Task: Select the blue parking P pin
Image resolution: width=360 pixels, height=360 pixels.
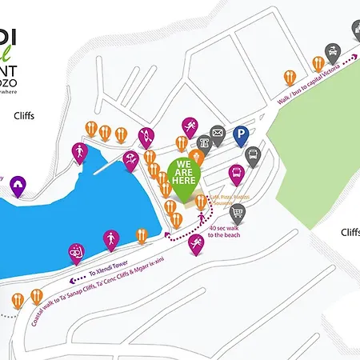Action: tap(241, 135)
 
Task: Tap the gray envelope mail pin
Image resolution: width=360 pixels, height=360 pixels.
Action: tap(218, 134)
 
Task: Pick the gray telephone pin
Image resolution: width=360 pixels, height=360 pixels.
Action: tap(203, 142)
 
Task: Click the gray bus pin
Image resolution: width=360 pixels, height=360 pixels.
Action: tap(254, 155)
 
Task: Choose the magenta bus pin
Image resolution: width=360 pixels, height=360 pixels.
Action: tap(237, 174)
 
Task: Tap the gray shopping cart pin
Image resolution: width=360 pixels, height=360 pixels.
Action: tap(238, 213)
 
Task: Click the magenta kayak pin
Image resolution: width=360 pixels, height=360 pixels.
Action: tap(146, 136)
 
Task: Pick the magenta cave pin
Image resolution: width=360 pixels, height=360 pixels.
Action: tap(18, 186)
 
